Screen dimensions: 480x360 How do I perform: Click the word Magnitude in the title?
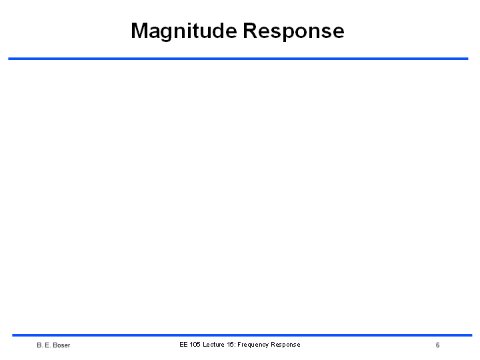point(184,31)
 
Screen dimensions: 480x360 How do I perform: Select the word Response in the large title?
point(294,31)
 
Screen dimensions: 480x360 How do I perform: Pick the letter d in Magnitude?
point(218,30)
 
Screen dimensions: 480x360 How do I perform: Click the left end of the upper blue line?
point(8,59)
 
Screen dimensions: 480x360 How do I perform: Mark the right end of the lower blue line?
point(472,335)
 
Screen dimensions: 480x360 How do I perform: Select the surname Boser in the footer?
point(61,345)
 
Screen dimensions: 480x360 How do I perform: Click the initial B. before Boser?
point(40,345)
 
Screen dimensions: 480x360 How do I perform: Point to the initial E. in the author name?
point(48,345)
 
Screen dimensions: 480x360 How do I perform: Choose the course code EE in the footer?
point(183,345)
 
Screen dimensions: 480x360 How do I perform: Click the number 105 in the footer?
point(195,345)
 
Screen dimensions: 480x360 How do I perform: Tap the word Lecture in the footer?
point(214,345)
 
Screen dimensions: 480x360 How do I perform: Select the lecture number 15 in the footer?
point(231,345)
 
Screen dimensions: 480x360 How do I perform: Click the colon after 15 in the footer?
point(235,345)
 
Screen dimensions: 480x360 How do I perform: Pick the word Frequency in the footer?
point(253,345)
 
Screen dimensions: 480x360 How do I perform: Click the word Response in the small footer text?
point(285,345)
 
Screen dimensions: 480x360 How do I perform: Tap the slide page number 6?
point(438,345)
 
